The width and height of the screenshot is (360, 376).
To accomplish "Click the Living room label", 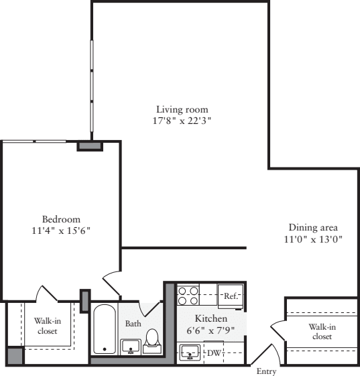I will [x=182, y=109].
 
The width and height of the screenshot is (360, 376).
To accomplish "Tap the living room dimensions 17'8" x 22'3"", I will [x=182, y=121].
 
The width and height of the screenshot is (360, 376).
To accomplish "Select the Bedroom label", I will [x=61, y=219].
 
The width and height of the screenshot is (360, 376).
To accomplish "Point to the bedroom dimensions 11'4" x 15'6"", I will [x=61, y=231].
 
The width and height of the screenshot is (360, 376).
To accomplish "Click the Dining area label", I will [x=313, y=227].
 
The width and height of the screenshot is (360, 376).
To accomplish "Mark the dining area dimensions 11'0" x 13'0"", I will [x=313, y=239].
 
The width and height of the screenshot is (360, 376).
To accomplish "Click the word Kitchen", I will [x=211, y=318].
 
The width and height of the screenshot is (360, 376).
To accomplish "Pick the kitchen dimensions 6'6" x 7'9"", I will [x=211, y=330].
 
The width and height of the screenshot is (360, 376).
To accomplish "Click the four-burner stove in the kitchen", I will [x=187, y=296].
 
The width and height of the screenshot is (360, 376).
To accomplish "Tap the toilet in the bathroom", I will [x=152, y=340].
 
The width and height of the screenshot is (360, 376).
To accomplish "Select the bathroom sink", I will [x=130, y=346].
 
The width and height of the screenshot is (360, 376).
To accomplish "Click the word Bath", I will [x=133, y=324].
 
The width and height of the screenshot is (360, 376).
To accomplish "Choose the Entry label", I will [x=261, y=371].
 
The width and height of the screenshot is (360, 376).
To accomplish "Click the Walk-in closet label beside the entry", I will [x=322, y=332].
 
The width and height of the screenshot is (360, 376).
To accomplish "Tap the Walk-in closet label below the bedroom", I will [x=46, y=326].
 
